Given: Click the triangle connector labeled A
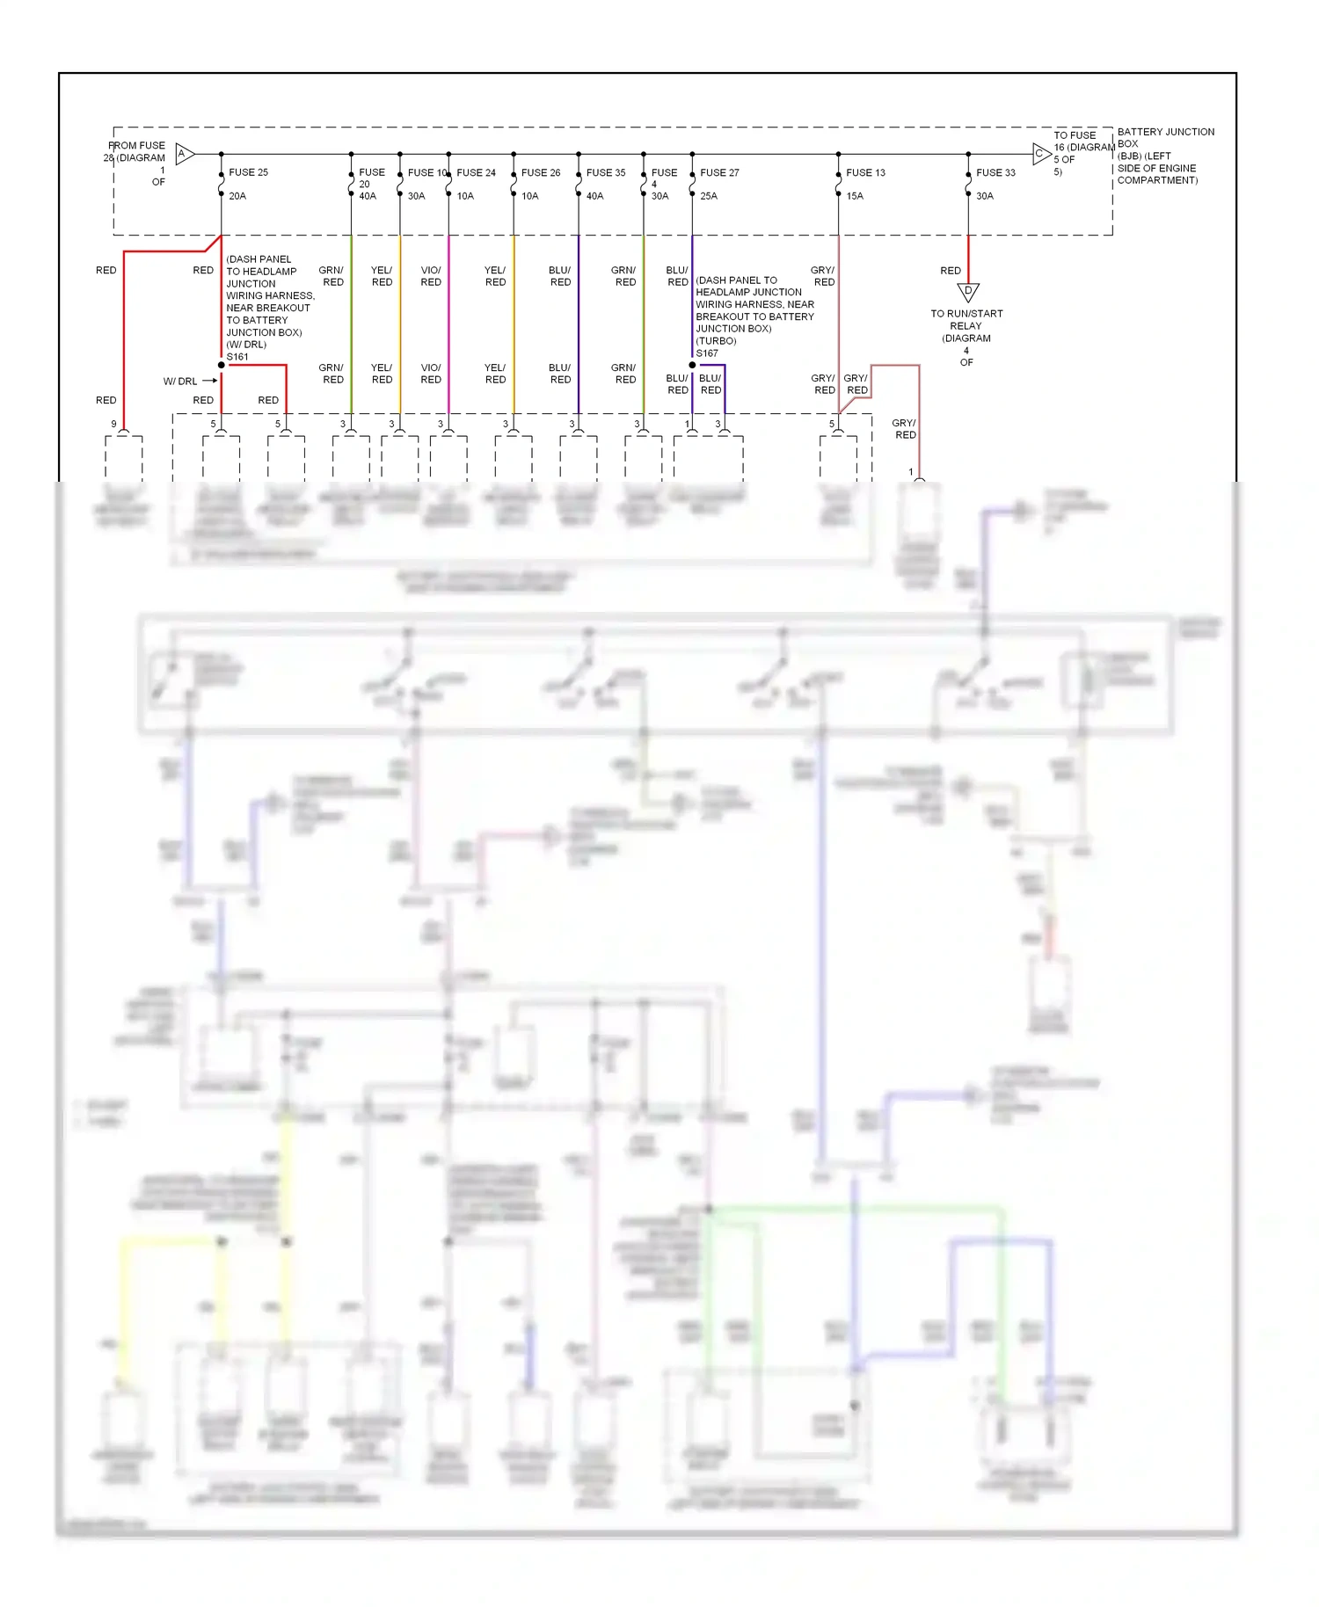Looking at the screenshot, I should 184,154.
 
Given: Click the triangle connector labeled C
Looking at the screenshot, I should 1041,154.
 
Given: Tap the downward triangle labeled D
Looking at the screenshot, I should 968,292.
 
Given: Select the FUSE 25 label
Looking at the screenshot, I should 248,172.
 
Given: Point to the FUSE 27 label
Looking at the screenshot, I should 719,172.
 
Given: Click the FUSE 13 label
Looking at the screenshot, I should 865,172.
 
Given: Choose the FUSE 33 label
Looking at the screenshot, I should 995,172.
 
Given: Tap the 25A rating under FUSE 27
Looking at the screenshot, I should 709,196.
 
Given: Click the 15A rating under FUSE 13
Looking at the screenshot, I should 855,196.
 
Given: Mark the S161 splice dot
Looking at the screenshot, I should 222,365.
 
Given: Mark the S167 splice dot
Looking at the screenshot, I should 692,365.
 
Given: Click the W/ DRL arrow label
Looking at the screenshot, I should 189,381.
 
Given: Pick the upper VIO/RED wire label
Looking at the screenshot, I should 431,276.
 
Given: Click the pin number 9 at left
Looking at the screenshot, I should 113,424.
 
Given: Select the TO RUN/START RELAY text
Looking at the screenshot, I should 966,319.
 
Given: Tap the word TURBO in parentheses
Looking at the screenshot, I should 717,341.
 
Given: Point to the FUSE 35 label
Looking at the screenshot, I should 606,172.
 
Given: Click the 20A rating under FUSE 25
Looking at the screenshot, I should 237,196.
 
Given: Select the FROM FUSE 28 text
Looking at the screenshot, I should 137,151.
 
